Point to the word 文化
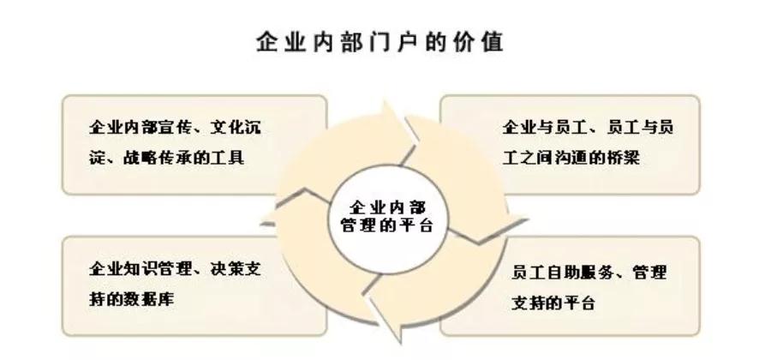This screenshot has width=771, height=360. click(x=227, y=128)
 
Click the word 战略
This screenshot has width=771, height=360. click(x=140, y=158)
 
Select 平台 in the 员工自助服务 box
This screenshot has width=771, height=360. click(x=580, y=302)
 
